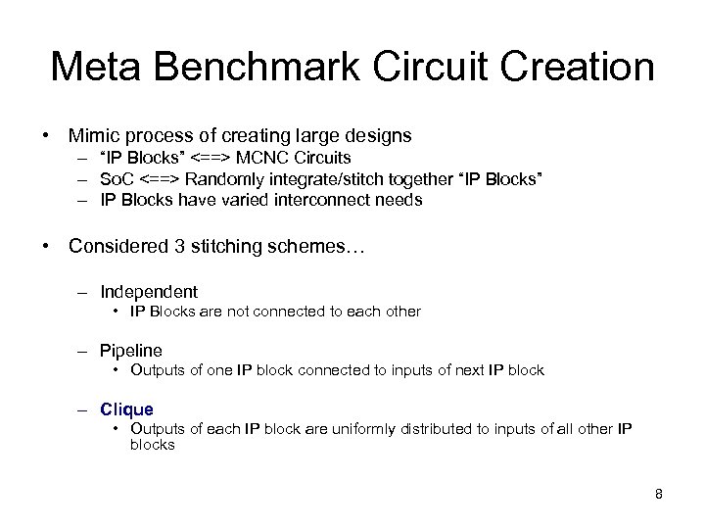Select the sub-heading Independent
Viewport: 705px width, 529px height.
pos(149,292)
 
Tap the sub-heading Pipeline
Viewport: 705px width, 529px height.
pos(131,350)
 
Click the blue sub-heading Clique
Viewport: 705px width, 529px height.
pos(126,409)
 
